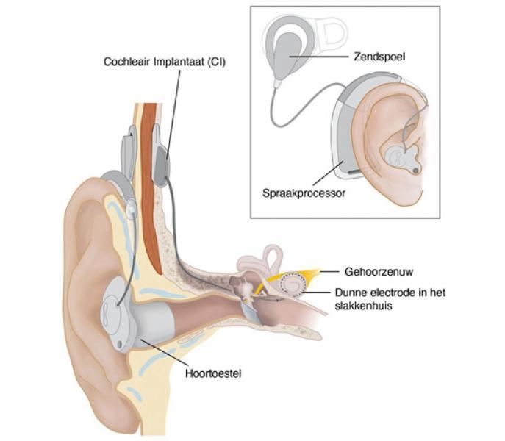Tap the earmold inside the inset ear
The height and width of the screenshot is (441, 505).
tap(401, 157)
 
